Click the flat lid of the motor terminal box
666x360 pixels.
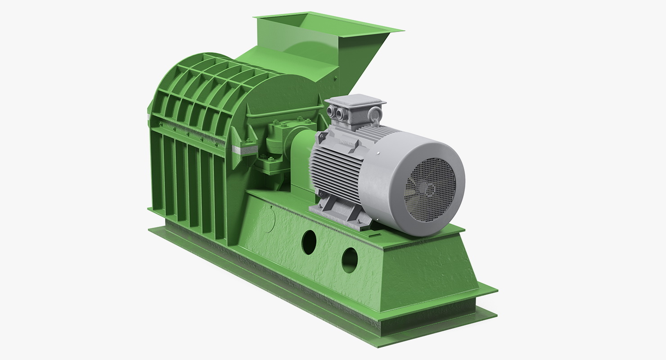355,100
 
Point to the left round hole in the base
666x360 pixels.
309,242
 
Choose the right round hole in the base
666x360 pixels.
350,260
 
